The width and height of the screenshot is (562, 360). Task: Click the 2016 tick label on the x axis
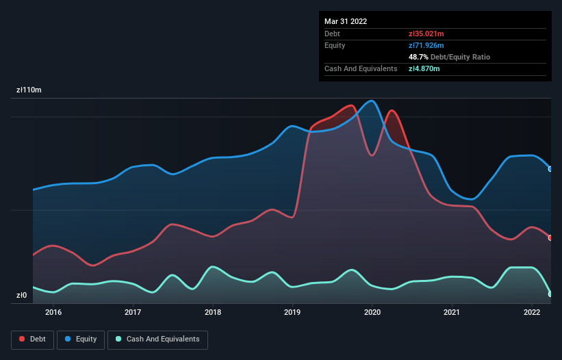(53, 313)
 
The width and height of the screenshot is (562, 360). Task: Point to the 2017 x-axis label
(133, 313)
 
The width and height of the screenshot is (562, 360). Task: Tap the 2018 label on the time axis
(213, 313)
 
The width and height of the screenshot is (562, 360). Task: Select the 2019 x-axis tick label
(292, 313)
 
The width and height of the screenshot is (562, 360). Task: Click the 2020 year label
(372, 313)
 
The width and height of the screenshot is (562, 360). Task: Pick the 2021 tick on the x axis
(452, 313)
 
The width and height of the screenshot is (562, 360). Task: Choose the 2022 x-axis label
(532, 313)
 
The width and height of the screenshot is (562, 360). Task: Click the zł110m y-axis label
(29, 90)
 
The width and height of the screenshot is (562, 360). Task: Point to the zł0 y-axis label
(21, 296)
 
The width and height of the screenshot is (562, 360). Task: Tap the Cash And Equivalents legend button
(157, 339)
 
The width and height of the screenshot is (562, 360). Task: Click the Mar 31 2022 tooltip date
(346, 21)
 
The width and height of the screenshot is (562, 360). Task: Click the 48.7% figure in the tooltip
(420, 57)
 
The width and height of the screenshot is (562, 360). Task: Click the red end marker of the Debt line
(550, 237)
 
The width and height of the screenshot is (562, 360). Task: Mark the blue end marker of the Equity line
(550, 168)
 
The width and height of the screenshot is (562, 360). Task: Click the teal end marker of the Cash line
(550, 294)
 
